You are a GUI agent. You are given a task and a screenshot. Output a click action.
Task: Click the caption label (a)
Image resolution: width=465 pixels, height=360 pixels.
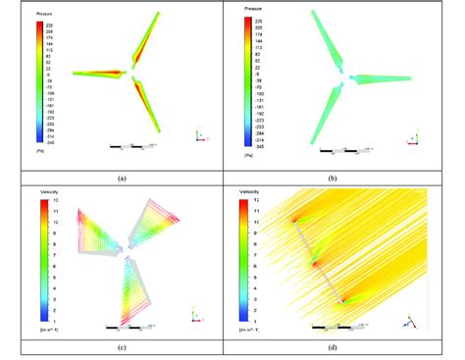click(122, 179)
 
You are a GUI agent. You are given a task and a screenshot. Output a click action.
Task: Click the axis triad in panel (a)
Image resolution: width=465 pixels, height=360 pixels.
click(200, 133)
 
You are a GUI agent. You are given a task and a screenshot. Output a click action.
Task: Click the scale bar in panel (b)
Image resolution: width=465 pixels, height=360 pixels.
click(345, 151)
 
